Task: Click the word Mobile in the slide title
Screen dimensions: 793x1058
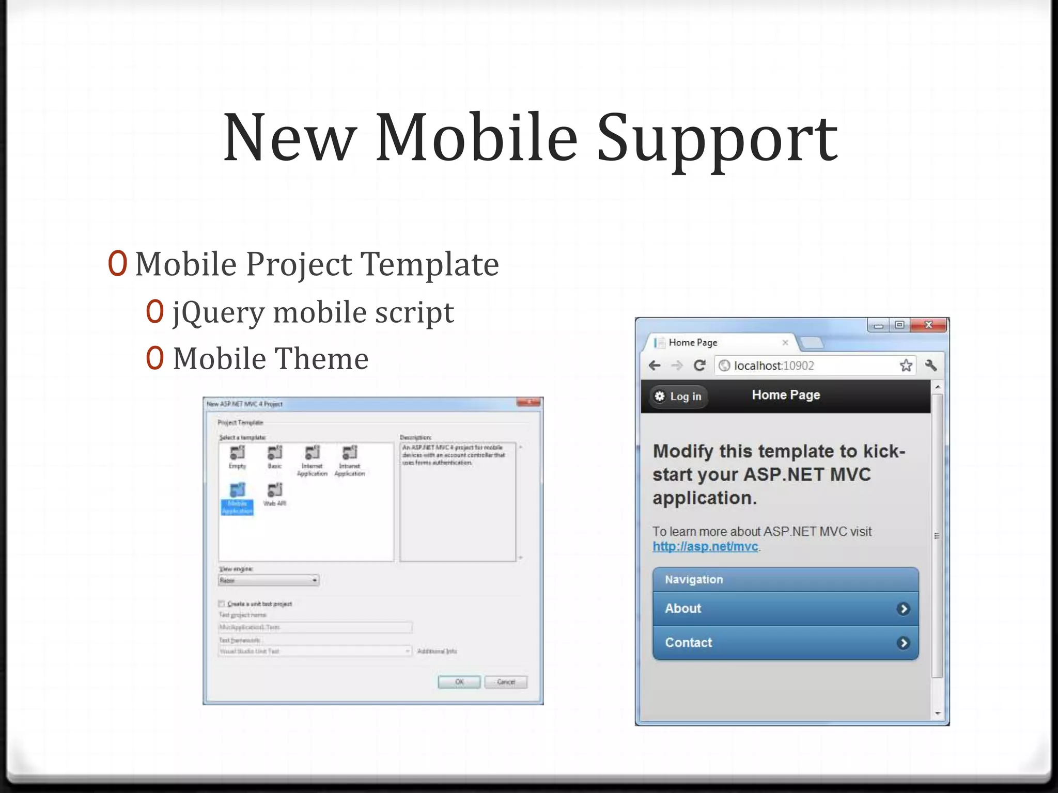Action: [x=476, y=138]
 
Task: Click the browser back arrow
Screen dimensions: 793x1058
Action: [x=655, y=366]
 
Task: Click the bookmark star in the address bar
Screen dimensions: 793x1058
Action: [x=906, y=366]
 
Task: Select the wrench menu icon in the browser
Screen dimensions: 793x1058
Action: [x=931, y=366]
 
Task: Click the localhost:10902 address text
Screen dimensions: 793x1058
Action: [x=773, y=366]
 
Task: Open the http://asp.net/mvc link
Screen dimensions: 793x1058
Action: [x=705, y=547]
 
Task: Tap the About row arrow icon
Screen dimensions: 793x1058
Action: [x=903, y=609]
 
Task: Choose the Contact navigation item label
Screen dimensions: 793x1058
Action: [x=689, y=643]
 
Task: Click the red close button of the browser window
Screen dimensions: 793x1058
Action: [x=928, y=325]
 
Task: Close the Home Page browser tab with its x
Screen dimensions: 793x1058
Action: [x=785, y=342]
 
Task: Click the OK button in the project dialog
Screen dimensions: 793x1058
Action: [x=459, y=682]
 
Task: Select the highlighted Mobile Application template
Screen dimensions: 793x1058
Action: [x=237, y=499]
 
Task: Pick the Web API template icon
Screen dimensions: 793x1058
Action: [x=275, y=490]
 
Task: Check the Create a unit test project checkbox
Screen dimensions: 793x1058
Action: [x=222, y=604]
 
